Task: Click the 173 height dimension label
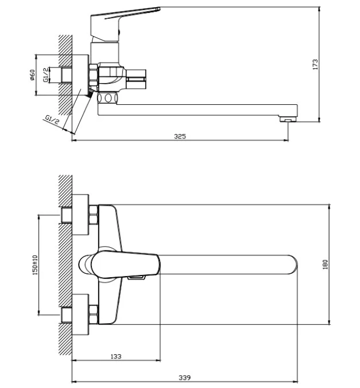click(x=315, y=64)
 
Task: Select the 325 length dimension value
click(x=180, y=136)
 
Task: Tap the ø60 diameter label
click(x=32, y=75)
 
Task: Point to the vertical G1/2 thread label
click(x=46, y=74)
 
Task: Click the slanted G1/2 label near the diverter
click(x=53, y=120)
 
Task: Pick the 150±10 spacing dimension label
click(x=35, y=265)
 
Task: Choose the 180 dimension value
click(x=326, y=264)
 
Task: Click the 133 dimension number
click(x=116, y=356)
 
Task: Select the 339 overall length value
click(x=184, y=378)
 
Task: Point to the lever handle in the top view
click(x=125, y=264)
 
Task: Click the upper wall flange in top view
click(x=80, y=215)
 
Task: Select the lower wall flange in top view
click(x=80, y=314)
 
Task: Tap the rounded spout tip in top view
click(x=292, y=264)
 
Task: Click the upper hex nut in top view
click(x=94, y=215)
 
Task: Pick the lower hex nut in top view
click(x=94, y=314)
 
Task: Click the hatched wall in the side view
click(x=65, y=75)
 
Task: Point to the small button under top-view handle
click(x=136, y=278)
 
